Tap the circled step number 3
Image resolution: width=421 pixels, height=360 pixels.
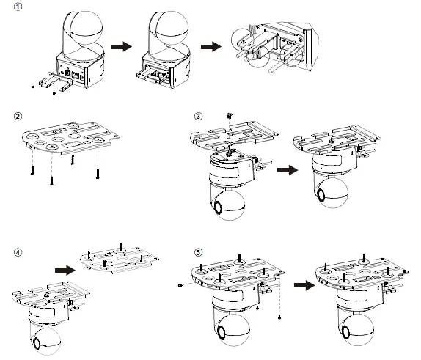point(198,117)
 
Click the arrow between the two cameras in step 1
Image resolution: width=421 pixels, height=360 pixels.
point(121,45)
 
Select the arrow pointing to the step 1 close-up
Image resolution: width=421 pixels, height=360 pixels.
point(211,45)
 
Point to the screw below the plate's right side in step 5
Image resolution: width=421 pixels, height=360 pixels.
point(280,317)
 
